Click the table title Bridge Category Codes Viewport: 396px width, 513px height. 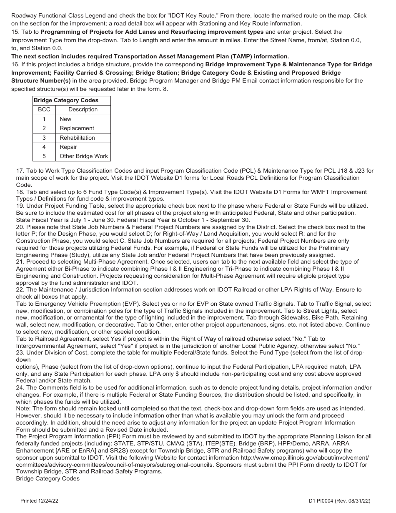66,100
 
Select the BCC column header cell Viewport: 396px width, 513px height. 44,109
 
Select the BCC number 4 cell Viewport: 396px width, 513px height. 44,147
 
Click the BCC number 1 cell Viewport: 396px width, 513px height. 44,119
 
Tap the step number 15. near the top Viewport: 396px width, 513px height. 15,32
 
